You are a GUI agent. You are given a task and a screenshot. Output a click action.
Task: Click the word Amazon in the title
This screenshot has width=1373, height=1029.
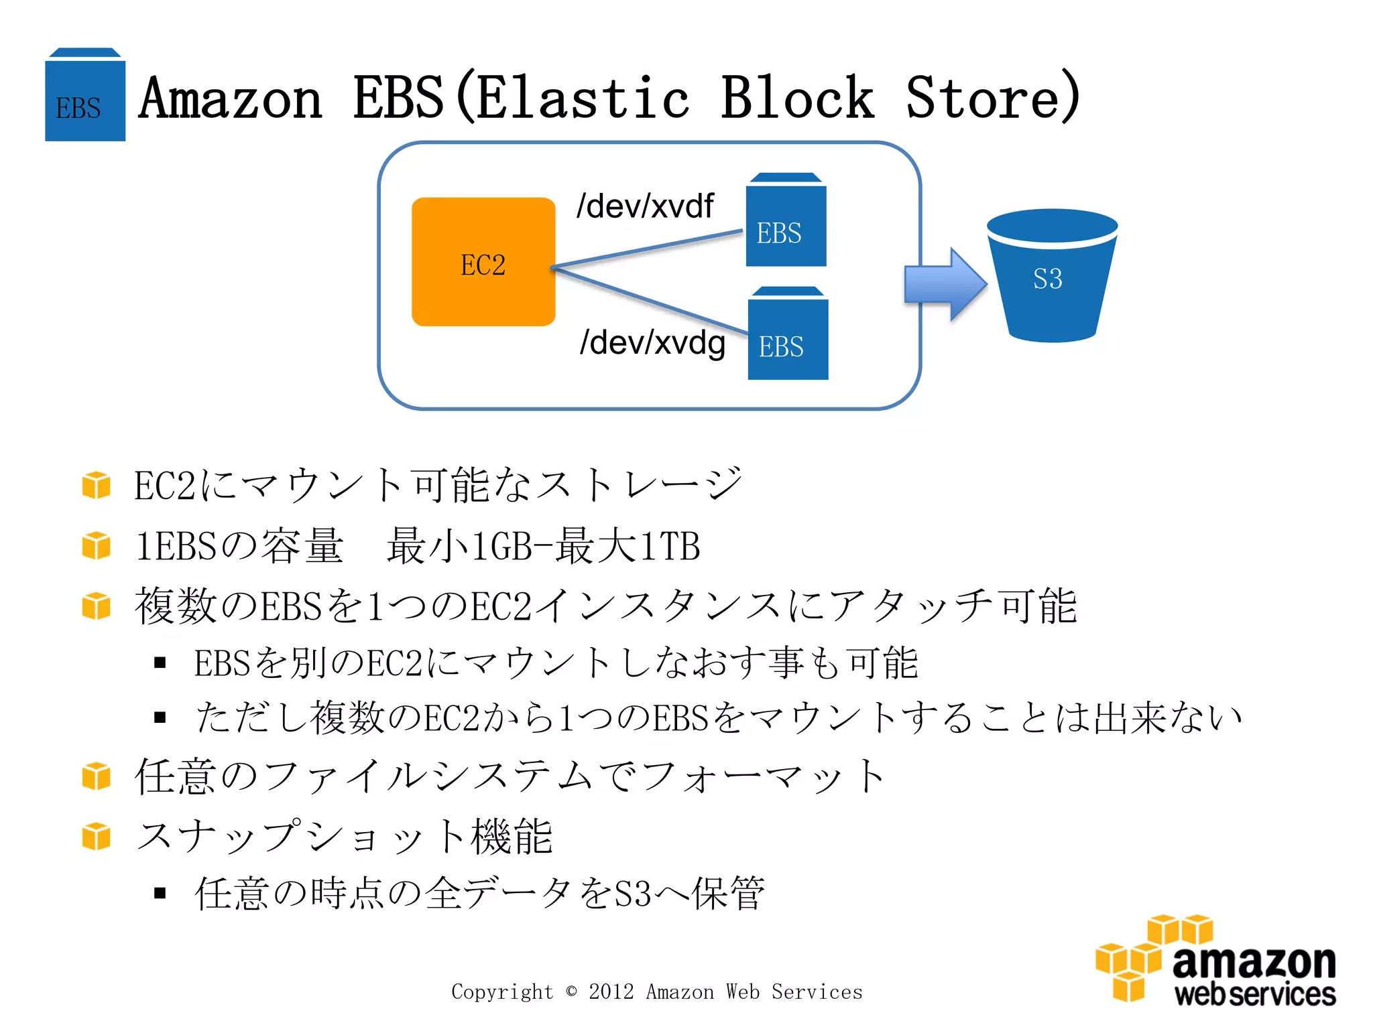point(231,99)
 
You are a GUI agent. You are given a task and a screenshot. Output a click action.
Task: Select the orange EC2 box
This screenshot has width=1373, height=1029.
point(483,262)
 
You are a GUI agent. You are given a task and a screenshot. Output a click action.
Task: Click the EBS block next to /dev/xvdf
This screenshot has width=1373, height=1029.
point(786,221)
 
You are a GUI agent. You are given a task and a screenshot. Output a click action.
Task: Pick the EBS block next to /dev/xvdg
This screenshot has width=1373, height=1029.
point(788,335)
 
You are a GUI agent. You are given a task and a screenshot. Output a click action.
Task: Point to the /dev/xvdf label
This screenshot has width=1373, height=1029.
point(645,206)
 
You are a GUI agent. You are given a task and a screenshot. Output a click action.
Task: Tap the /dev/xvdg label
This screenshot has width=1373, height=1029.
point(652,342)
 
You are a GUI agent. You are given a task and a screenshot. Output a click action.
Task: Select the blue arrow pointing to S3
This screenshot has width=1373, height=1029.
point(944,284)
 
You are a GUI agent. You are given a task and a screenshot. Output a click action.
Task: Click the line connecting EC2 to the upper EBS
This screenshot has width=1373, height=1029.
point(647,249)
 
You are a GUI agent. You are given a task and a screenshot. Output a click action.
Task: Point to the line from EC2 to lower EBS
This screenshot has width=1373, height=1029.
point(647,300)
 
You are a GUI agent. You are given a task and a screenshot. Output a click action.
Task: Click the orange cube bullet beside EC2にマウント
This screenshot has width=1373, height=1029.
point(96,485)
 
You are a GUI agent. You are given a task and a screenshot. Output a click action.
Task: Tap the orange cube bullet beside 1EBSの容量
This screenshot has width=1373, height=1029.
point(96,545)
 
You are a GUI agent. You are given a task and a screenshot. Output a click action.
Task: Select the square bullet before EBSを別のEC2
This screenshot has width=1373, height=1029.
point(160,663)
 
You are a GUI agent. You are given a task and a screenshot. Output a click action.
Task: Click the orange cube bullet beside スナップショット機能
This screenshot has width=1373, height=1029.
point(96,836)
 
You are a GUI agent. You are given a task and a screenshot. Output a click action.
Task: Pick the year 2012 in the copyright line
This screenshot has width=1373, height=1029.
point(611,991)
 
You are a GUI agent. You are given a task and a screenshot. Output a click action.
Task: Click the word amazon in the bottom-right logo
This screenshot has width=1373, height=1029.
point(1254,963)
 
